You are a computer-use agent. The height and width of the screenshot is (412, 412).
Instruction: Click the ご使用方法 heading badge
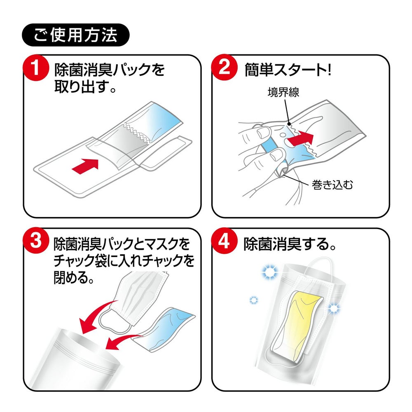(75, 35)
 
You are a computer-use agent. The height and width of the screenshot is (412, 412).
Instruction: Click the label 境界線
(283, 92)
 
